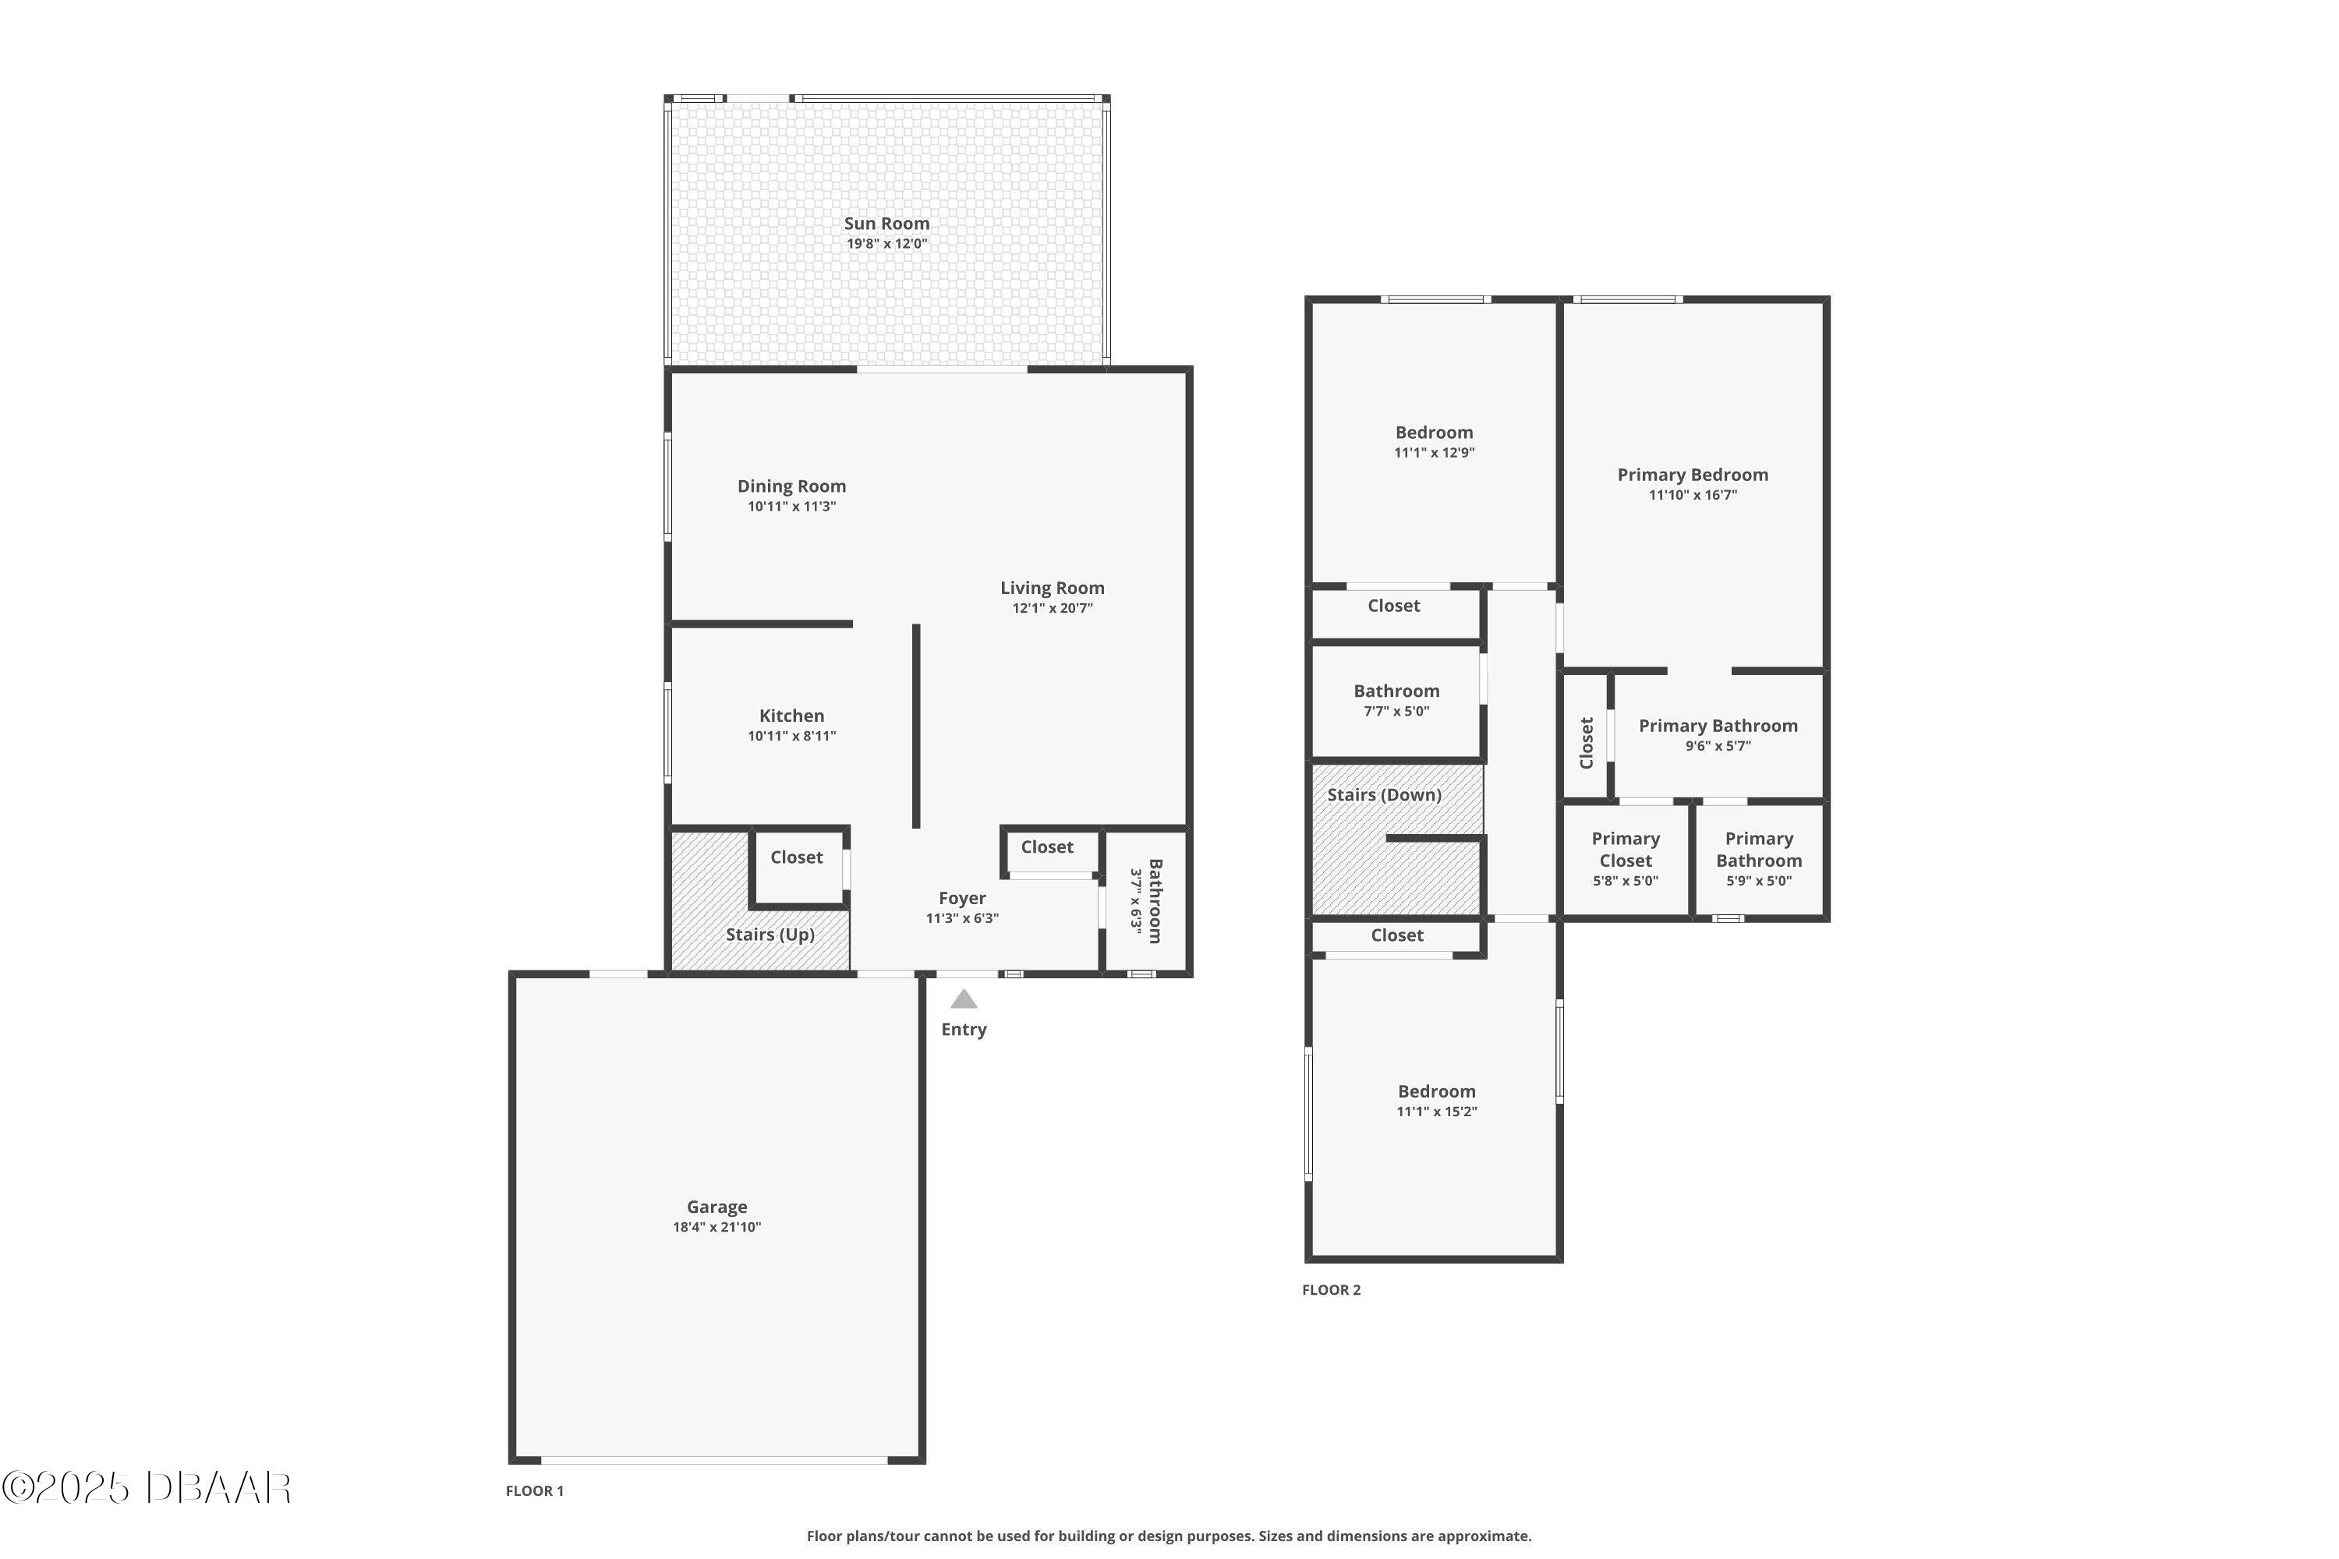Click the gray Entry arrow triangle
coord(964,999)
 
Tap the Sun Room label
coord(887,224)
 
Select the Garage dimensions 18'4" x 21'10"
coord(717,1227)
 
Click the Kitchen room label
coord(791,716)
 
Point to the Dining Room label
coord(791,486)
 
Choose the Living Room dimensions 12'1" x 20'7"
coord(1052,609)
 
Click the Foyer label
coord(961,899)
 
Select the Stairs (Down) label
coord(1385,795)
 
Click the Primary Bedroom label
coord(1693,475)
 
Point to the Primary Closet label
coord(1626,850)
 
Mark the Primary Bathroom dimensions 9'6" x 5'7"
coord(1718,747)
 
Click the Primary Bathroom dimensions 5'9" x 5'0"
coord(1759,881)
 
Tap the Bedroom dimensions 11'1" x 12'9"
coord(1434,452)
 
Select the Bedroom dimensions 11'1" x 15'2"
coord(1437,1112)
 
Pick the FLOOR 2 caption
coord(1332,1289)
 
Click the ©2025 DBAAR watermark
coord(147,1488)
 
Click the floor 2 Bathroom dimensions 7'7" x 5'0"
coord(1396,712)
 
